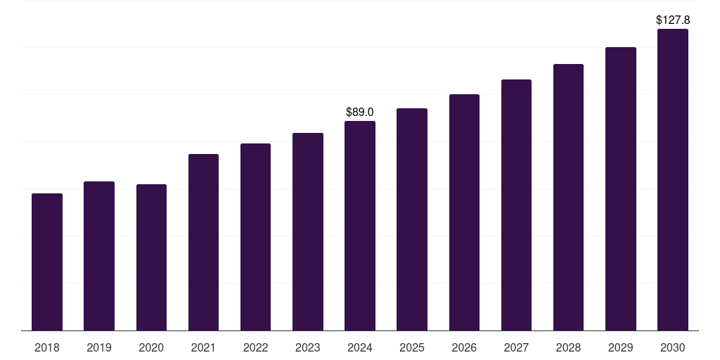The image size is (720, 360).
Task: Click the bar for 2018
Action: [47, 262]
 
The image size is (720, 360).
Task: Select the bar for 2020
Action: [151, 257]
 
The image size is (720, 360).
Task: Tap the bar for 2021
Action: [203, 242]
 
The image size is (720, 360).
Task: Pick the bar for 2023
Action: [308, 231]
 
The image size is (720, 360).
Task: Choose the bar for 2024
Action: [360, 226]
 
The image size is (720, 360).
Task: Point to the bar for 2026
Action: [464, 212]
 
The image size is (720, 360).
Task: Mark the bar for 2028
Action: [568, 197]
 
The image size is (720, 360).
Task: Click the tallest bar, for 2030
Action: [673, 179]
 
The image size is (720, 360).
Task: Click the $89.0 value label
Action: [360, 112]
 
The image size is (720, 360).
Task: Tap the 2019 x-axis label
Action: [99, 347]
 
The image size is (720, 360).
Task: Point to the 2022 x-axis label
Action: [255, 347]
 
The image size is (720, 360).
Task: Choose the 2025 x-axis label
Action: [412, 347]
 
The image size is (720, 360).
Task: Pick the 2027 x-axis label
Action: [516, 347]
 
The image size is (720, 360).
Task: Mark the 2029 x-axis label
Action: [620, 347]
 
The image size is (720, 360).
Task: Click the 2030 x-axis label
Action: [673, 347]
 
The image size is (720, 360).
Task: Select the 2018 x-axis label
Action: [47, 347]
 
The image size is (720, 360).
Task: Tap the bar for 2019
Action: [99, 256]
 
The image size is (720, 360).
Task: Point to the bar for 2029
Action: [620, 188]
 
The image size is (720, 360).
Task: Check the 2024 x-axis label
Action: [360, 347]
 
